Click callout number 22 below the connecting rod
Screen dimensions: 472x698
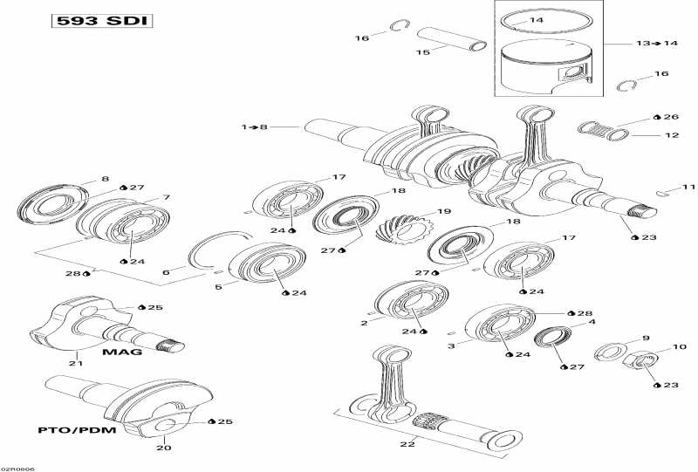(403, 445)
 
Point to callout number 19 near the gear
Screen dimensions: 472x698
(444, 211)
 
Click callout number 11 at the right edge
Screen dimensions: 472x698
(688, 187)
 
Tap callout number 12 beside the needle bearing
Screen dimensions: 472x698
(672, 135)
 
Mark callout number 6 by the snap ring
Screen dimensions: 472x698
(167, 272)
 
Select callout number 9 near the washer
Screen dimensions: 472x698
(646, 338)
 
